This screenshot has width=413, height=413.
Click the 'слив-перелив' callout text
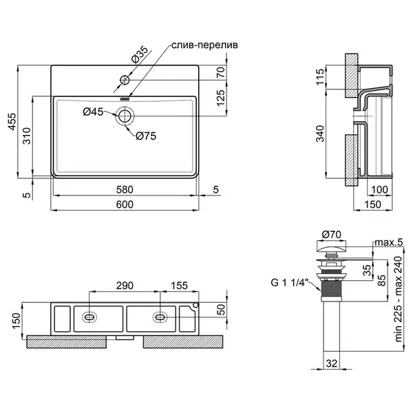pos(204,45)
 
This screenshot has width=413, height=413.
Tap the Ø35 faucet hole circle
pos(125,80)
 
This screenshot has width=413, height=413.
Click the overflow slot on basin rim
pos(125,99)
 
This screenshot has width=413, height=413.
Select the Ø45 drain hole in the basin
pos(125,116)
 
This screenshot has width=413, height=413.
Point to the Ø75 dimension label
pos(146,136)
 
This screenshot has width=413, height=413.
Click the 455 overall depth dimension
pos(12,121)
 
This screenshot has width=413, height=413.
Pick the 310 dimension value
pos(27,136)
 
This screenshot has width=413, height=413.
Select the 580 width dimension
pos(125,190)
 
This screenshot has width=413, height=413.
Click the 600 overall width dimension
pos(125,204)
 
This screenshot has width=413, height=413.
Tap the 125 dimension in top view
pos(221,98)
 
